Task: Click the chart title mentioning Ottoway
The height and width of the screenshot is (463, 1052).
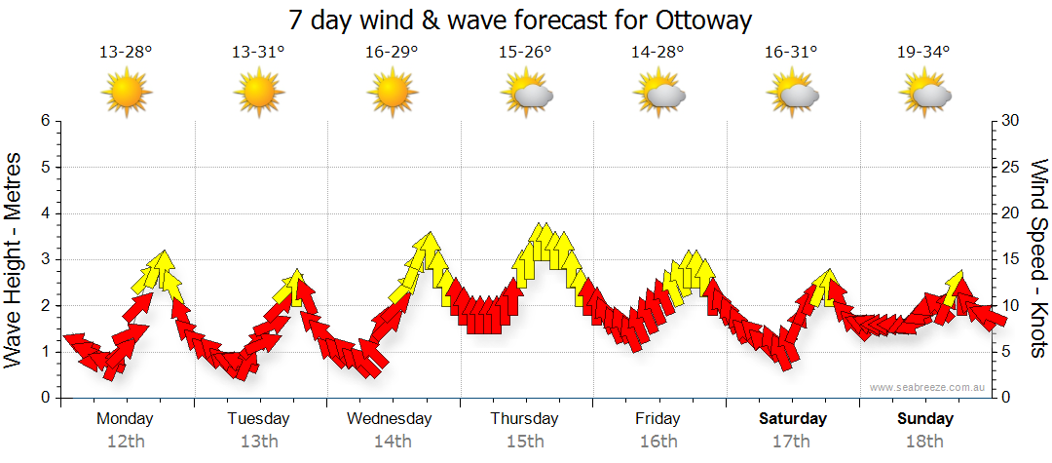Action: coord(521,19)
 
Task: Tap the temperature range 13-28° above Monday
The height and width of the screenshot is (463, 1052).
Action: coord(126,52)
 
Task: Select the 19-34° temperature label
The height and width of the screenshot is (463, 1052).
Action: coord(923,52)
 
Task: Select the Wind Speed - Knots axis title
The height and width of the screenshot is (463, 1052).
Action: coord(1038,259)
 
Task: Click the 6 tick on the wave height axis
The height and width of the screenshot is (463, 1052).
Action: coord(44,121)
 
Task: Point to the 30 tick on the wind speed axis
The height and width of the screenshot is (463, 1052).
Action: coord(1012,121)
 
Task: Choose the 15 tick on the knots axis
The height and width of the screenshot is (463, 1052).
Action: coord(1012,259)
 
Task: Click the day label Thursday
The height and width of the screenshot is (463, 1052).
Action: coord(525,419)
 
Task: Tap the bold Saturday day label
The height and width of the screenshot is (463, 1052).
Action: coord(792,419)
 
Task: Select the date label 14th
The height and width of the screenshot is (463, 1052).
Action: coord(392,442)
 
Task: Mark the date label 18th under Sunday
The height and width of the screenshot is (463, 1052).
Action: coord(924,442)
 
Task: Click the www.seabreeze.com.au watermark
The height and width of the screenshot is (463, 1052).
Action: coord(929,387)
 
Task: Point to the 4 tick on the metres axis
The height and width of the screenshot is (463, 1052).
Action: coord(44,213)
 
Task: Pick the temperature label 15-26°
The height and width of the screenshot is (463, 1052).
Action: coord(525,52)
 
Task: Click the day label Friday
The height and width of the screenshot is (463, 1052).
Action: coord(658,419)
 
